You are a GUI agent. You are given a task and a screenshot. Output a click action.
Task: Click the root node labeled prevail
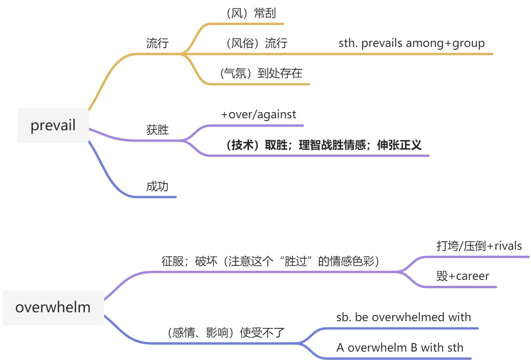[53, 125]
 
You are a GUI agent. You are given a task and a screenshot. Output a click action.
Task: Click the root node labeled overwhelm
[53, 307]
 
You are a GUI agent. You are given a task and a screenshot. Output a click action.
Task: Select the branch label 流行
[157, 43]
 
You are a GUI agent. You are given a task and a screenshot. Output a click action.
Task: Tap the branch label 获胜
[157, 129]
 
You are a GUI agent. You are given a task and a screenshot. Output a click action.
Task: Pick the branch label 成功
[157, 186]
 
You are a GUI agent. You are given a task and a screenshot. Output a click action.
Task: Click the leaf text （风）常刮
[251, 13]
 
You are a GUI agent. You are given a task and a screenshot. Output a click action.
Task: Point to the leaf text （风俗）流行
[257, 43]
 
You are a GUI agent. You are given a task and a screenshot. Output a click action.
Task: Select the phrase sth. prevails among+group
[411, 43]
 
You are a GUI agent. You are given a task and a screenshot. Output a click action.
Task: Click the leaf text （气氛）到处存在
[261, 73]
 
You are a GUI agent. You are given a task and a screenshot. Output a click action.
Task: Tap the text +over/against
[258, 115]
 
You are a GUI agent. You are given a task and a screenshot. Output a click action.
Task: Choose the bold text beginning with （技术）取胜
[324, 145]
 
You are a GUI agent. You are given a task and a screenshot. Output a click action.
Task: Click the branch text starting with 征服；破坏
[270, 261]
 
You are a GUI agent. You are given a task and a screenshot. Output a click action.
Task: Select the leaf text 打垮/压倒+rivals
[479, 246]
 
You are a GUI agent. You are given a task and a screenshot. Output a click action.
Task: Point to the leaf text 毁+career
[462, 276]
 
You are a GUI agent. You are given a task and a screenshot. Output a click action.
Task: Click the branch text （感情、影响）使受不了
[226, 332]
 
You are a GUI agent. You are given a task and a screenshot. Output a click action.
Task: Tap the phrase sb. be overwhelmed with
[403, 317]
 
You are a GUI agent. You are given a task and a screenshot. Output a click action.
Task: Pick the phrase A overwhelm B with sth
[400, 347]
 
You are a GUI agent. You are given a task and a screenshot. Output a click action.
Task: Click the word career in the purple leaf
[472, 276]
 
